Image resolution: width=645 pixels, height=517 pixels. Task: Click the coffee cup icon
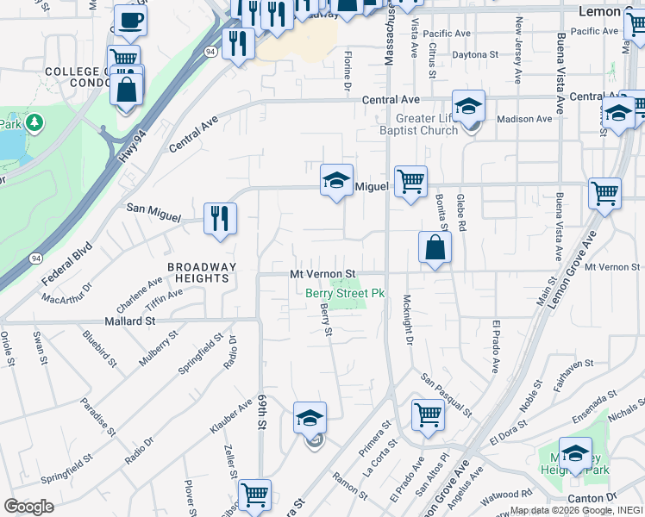130,20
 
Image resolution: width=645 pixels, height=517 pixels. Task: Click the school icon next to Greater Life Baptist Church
468,106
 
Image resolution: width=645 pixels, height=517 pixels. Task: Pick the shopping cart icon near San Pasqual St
428,414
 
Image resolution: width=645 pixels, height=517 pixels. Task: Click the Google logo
28,507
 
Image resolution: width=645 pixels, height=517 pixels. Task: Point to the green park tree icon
34,123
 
